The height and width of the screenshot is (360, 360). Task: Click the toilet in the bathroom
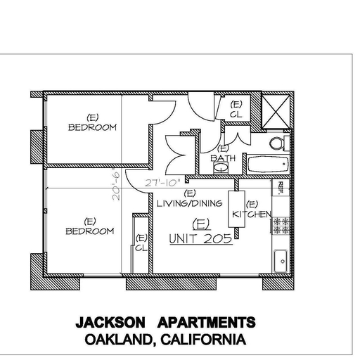click(279, 143)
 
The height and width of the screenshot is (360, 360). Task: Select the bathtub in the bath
click(268, 164)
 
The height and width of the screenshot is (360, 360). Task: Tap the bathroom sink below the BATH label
click(221, 167)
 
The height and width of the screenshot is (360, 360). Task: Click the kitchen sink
click(281, 261)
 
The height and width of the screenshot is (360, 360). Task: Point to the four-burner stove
click(281, 226)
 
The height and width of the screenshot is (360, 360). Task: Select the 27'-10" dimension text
click(163, 183)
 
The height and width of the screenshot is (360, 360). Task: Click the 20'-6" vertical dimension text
click(116, 186)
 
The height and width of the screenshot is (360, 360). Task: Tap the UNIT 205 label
click(201, 239)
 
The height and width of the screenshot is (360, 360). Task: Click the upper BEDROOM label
click(92, 127)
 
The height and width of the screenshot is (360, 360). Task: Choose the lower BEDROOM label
click(90, 231)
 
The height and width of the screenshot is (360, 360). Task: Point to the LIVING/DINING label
click(189, 203)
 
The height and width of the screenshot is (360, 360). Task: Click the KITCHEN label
click(251, 214)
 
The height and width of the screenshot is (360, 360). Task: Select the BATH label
click(223, 158)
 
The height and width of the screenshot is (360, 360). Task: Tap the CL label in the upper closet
click(236, 115)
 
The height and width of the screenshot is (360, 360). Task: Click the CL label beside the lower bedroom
click(141, 247)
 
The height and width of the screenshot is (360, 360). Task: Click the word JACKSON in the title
click(110, 322)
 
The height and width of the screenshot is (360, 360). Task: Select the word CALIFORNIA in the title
click(203, 340)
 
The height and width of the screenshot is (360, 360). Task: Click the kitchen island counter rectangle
click(237, 209)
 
